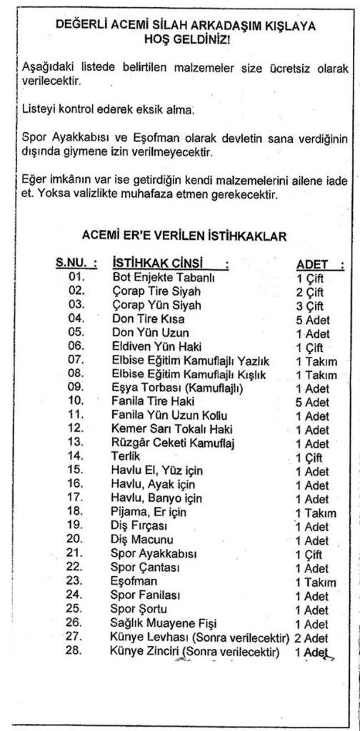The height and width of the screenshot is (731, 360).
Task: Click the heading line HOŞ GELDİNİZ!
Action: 181,41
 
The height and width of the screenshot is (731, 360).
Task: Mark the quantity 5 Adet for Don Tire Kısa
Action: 312,320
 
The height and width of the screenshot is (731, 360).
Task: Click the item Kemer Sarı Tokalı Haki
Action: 173,430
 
